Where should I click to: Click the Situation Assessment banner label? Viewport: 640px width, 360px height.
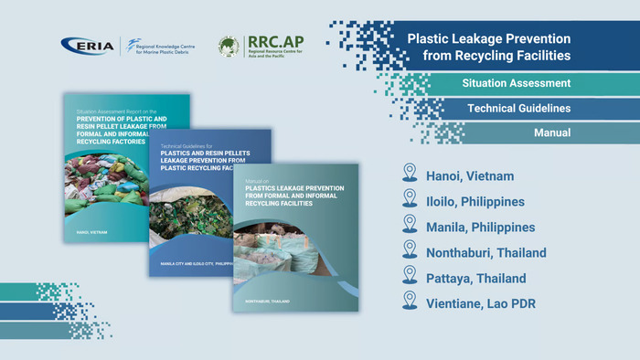517,83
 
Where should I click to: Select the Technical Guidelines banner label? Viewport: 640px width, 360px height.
519,108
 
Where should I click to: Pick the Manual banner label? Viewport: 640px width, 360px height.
552,132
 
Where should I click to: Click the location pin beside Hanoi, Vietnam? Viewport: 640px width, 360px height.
409,175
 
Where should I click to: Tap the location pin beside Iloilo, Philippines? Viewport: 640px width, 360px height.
409,200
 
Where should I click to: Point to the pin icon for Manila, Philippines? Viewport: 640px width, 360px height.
409,226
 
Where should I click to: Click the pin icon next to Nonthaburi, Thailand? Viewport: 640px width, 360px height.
409,251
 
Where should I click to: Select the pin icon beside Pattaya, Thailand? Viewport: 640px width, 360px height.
409,277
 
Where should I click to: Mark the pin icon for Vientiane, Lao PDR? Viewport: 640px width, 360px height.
409,302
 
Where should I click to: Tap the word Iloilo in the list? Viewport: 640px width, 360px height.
444,201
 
